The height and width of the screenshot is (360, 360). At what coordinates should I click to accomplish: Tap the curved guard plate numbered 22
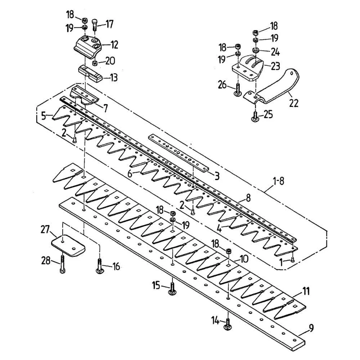274,88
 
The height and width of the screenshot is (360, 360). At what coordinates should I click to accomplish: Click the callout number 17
109,25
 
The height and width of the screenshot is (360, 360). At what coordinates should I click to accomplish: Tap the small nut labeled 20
94,63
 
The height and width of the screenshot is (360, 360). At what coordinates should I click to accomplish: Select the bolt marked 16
99,267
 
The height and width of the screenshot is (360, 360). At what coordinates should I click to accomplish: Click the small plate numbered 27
68,246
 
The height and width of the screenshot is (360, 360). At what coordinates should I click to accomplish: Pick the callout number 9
311,328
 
